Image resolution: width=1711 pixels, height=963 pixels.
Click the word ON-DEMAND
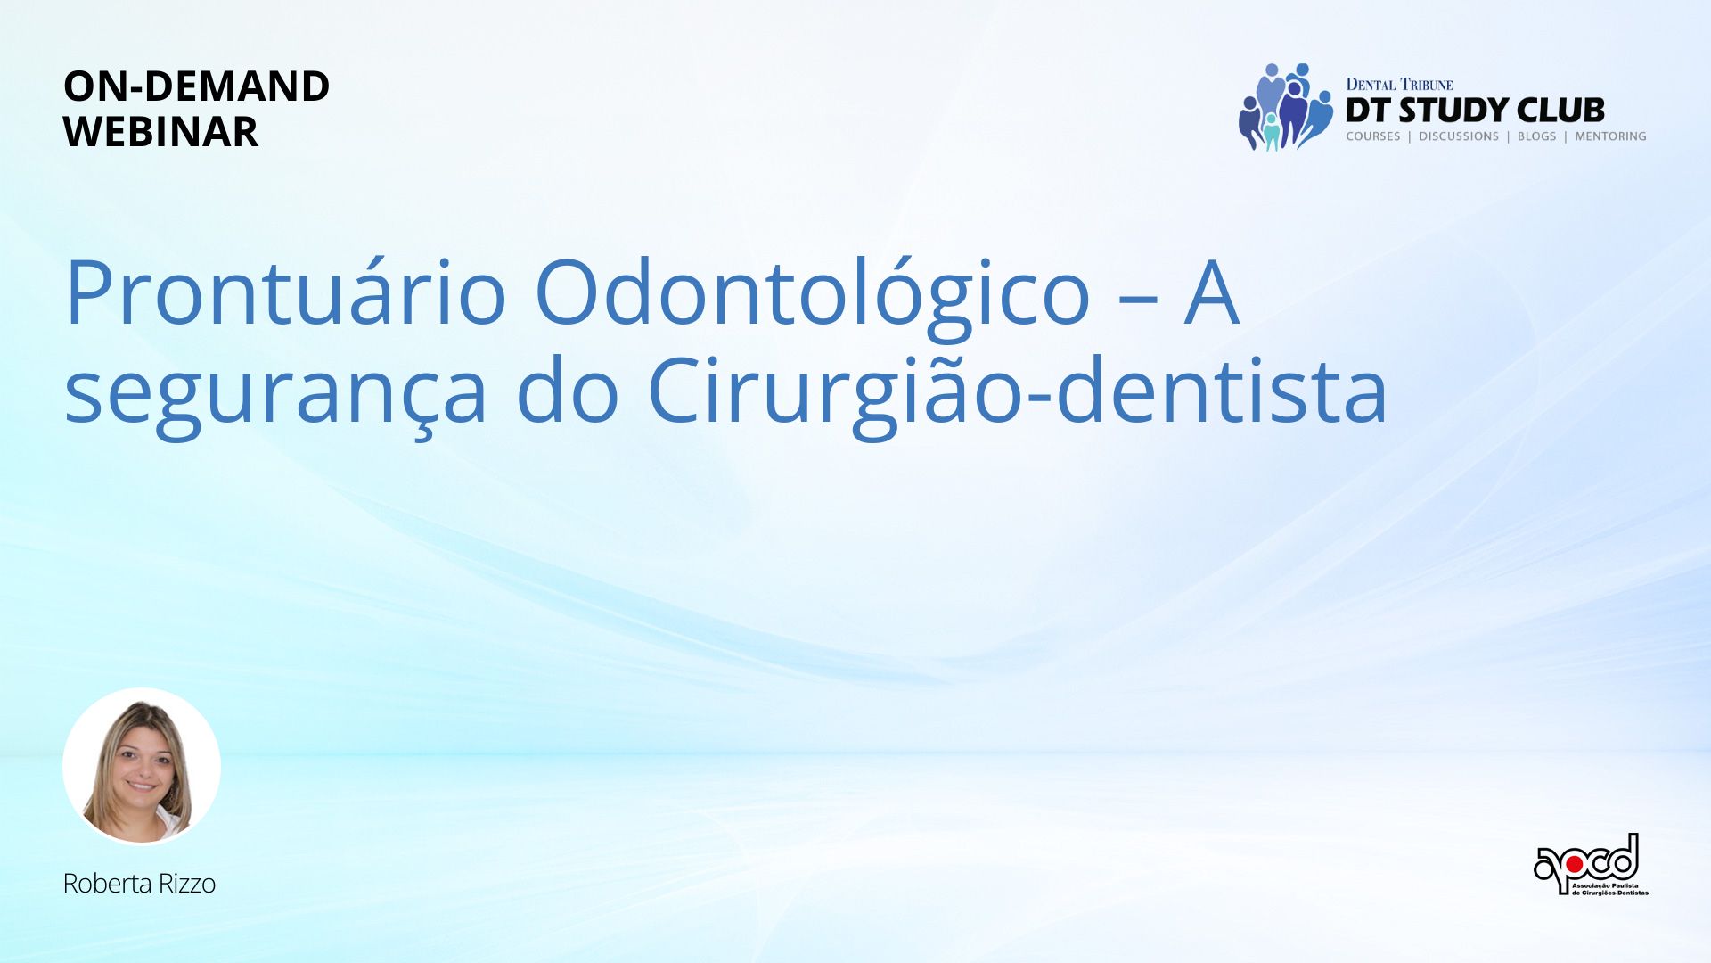click(196, 86)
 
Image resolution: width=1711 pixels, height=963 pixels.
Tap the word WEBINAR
click(160, 132)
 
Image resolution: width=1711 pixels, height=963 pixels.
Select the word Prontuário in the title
click(286, 293)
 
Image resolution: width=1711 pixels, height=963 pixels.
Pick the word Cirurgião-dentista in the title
click(1017, 392)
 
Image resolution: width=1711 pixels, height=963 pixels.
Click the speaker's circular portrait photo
click(142, 766)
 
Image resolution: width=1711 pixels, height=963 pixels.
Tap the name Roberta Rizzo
click(139, 884)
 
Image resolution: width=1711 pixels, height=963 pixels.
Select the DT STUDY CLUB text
click(1475, 111)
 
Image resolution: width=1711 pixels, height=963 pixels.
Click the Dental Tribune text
click(1399, 85)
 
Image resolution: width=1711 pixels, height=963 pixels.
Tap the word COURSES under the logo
click(1373, 136)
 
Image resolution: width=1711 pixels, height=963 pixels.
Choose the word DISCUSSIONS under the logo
click(1459, 136)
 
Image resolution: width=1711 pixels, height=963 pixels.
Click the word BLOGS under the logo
click(1536, 136)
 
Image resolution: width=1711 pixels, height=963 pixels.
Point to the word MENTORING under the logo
click(1610, 136)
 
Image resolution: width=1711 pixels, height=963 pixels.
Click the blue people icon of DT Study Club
click(1286, 107)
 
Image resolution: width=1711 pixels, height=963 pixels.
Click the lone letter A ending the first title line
click(1211, 293)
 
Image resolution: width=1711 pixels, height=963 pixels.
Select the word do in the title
click(567, 391)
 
